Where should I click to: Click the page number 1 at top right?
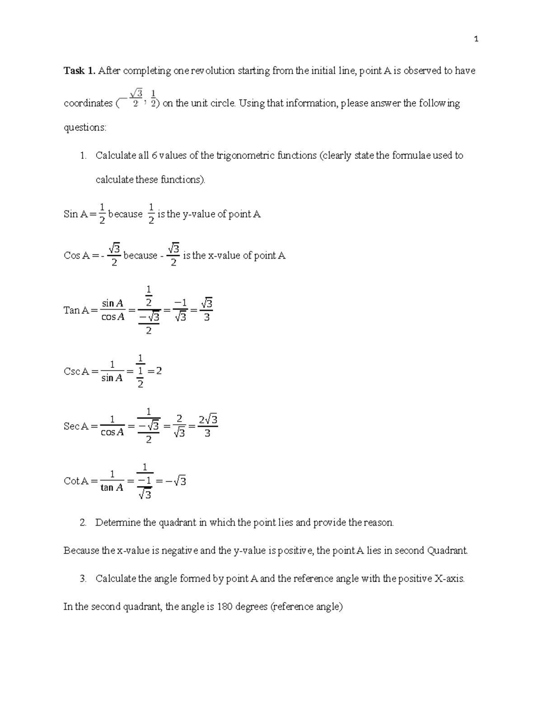(476, 39)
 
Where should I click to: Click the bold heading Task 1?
(79, 70)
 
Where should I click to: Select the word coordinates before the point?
(88, 103)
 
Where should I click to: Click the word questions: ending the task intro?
(85, 128)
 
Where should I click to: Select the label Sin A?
(75, 214)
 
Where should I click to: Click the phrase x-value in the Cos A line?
(224, 256)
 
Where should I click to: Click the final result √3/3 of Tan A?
(206, 310)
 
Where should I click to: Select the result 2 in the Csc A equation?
(159, 371)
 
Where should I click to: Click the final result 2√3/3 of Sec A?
(208, 426)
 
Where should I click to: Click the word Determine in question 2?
(118, 523)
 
